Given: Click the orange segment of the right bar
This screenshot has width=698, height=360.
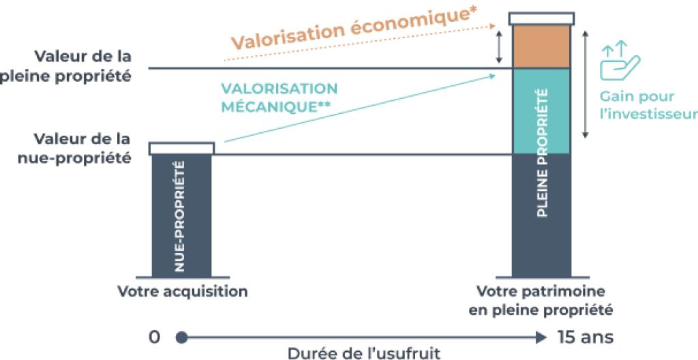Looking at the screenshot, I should click(x=541, y=46).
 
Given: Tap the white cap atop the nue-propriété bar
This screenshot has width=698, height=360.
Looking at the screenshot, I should click(x=181, y=148).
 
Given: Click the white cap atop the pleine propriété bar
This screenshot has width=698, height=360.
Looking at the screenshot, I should click(x=541, y=18).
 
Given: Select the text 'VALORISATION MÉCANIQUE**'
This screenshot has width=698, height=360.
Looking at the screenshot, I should click(x=279, y=97).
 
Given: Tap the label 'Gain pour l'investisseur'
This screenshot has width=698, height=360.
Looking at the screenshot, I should click(x=648, y=105).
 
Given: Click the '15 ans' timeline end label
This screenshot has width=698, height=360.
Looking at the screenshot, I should click(x=585, y=337).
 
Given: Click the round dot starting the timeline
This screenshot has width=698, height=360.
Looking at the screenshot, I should click(x=181, y=337).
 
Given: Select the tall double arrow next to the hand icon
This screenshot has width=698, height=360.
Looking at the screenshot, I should click(x=585, y=83).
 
